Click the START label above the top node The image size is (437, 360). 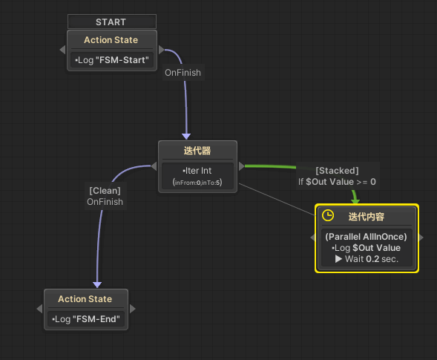[x=111, y=22]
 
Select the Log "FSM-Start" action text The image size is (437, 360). [x=111, y=60]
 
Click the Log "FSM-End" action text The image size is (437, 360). [x=85, y=319]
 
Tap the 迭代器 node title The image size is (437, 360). [x=197, y=151]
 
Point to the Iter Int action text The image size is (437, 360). [x=197, y=171]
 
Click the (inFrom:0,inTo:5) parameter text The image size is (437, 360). [x=197, y=182]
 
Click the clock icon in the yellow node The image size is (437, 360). [x=327, y=215]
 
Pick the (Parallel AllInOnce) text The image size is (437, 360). [x=367, y=236]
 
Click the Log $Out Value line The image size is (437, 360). [x=367, y=247]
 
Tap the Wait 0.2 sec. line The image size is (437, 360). [x=367, y=259]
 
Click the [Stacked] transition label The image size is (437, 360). [x=337, y=171]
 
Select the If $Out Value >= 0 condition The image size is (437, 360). [x=337, y=182]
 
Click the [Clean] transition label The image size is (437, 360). [x=104, y=190]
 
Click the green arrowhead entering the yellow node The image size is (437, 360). [x=355, y=199]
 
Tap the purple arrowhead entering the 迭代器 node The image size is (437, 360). [x=186, y=136]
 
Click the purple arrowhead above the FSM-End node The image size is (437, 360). [x=96, y=284]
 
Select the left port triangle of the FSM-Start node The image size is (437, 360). [x=62, y=50]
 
